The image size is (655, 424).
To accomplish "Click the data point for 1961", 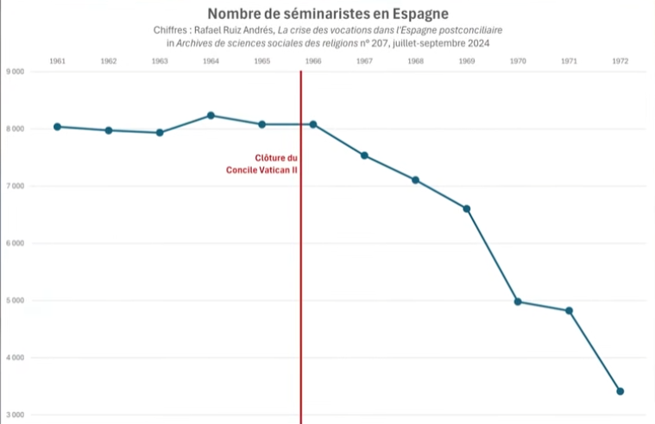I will click(57, 127).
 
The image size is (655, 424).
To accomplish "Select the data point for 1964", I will click(211, 116).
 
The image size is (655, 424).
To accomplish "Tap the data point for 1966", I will click(313, 124).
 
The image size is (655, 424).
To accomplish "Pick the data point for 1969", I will click(467, 209).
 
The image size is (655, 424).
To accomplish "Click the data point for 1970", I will click(518, 301).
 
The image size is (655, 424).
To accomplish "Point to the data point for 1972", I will click(620, 391).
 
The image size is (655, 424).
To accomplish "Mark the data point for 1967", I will click(364, 155).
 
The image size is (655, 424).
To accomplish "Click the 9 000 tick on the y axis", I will click(15, 72).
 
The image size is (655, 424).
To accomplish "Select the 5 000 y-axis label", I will click(15, 301).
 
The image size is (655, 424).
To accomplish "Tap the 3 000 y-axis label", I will click(15, 415).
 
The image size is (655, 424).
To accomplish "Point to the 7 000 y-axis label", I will click(15, 186).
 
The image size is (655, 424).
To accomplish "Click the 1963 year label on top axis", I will click(160, 61).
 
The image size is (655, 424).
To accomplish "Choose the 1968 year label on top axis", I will click(415, 61).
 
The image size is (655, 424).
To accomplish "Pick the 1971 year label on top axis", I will click(569, 61).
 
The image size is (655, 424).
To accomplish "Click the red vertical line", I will click(301, 259).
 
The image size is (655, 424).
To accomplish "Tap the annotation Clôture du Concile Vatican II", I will click(262, 164).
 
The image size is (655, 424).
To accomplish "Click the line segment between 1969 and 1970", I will click(492, 255).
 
